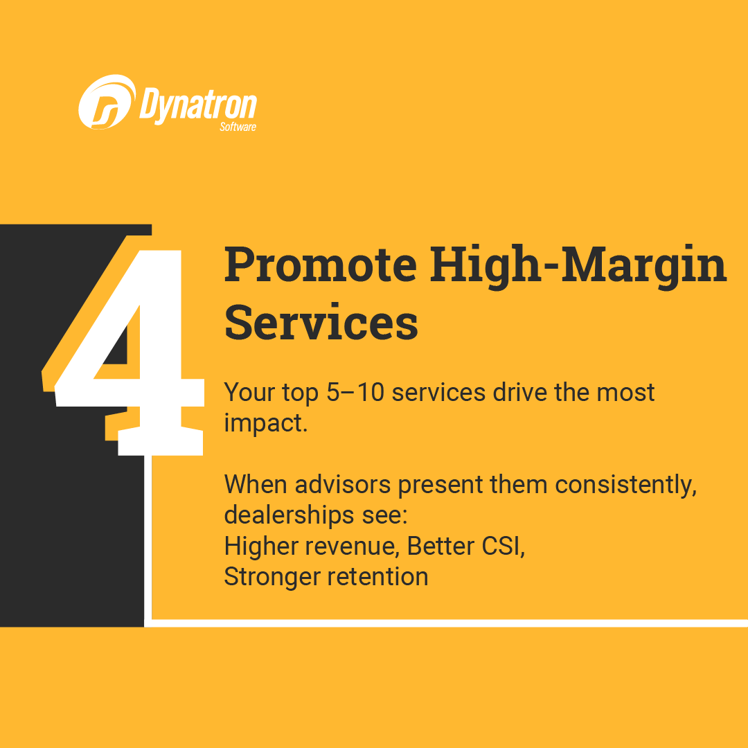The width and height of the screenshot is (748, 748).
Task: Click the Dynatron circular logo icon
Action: (107, 102)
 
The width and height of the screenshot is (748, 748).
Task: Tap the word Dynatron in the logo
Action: (198, 105)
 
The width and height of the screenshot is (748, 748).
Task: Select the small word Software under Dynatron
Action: (238, 127)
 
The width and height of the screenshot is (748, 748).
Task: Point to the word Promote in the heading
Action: (321, 265)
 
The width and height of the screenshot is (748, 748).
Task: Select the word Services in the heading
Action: (321, 323)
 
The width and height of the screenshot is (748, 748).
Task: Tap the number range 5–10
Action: (355, 393)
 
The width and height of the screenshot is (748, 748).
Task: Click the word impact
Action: (266, 423)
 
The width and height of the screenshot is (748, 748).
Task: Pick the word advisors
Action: (343, 485)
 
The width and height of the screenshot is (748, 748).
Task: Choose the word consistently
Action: (626, 486)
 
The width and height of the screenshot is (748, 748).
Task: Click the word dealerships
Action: (289, 515)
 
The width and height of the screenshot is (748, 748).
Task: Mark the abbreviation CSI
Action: (504, 546)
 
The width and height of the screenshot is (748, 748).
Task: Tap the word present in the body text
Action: (440, 486)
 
